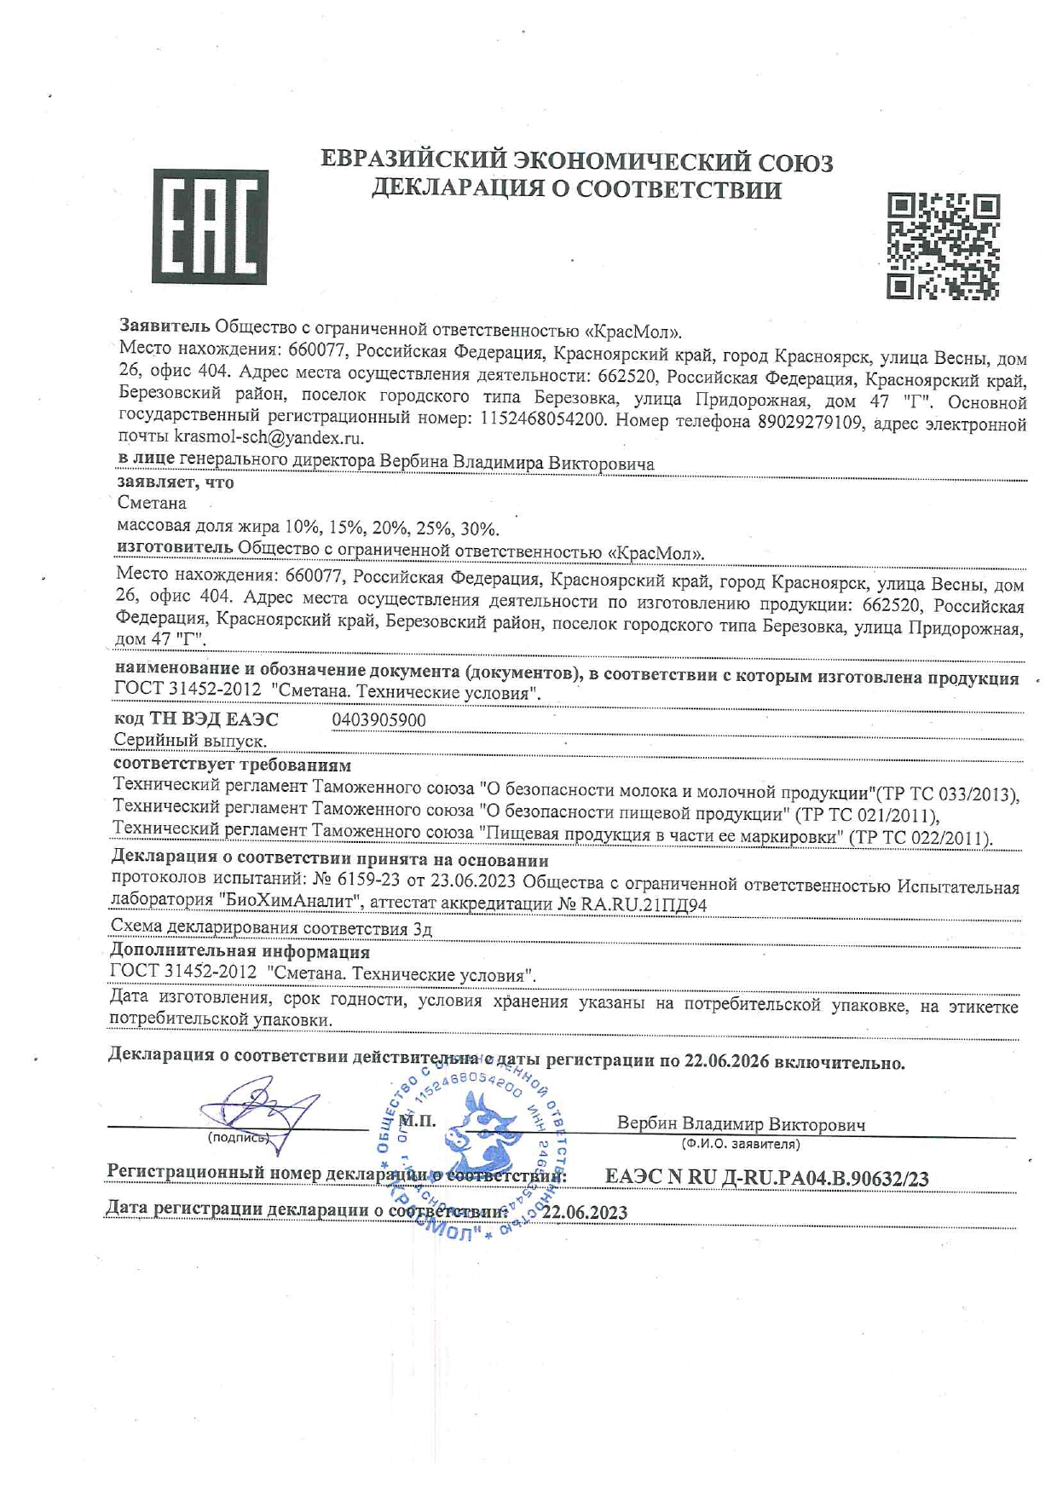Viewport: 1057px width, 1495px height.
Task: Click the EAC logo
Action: coord(209,227)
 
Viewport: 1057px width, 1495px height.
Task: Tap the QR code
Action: coord(943,245)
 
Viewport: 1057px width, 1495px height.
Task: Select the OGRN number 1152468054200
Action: coord(544,419)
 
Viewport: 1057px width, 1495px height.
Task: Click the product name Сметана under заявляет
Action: coord(151,503)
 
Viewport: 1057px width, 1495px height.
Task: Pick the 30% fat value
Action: coord(480,529)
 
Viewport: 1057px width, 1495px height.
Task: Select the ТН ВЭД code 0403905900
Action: coord(378,720)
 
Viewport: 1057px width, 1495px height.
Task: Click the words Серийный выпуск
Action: coord(190,741)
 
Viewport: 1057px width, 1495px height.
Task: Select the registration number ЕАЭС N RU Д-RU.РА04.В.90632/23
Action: coord(766,1178)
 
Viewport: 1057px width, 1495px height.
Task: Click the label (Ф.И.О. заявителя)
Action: coord(740,1144)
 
